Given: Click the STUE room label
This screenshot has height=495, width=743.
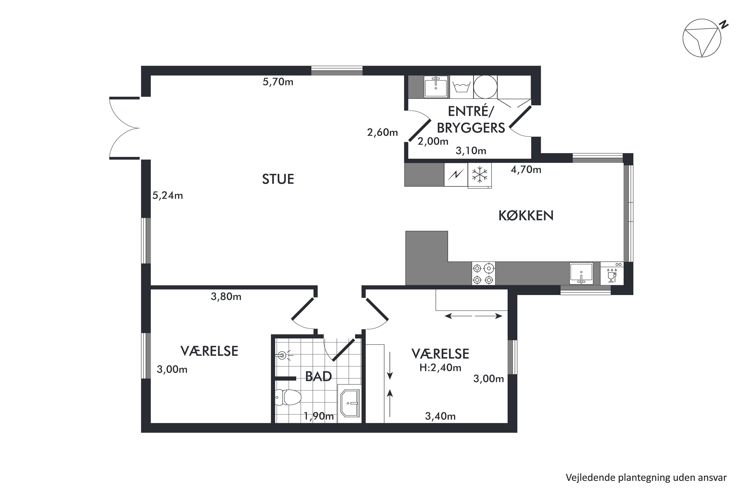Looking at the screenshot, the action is (x=278, y=179).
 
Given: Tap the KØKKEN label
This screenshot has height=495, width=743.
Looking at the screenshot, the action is (x=526, y=216).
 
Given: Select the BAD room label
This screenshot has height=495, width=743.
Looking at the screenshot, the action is (x=318, y=376).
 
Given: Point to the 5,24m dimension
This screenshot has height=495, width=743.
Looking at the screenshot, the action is (x=168, y=196).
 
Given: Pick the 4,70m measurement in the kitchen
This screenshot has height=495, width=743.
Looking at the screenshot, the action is (x=526, y=170).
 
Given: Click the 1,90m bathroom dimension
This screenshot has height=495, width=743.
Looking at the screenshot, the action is (x=319, y=416).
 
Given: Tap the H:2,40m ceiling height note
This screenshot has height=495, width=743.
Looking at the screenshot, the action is (x=440, y=368).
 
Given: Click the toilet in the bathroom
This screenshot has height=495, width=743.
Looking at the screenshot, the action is (x=288, y=397).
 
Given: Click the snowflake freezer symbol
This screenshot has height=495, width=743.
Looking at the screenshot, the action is (x=479, y=174).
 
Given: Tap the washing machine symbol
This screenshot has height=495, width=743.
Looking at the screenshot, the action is (x=462, y=86).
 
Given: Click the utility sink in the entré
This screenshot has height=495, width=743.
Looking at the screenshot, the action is (x=436, y=86).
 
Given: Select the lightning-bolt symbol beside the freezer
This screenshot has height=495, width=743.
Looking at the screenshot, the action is (x=456, y=174).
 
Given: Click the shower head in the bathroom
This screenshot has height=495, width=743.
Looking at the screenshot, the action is (x=283, y=356).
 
